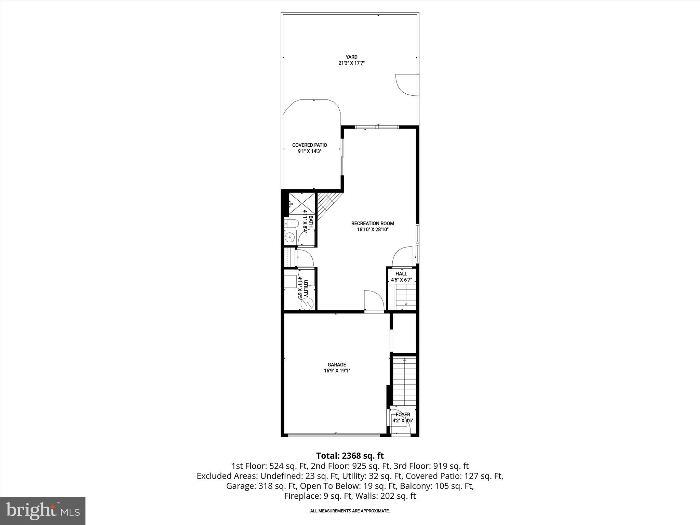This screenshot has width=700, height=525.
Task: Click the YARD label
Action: point(351,57)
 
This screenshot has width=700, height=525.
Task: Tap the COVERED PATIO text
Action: point(309,145)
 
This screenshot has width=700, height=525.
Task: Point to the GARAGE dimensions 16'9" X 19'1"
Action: point(337,371)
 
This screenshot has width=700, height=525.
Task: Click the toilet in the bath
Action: point(292,224)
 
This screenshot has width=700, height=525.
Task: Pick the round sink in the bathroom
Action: point(290,237)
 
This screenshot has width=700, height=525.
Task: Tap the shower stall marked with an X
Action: point(301,204)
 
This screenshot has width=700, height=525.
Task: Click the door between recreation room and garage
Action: point(374,301)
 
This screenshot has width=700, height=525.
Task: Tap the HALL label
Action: point(401,274)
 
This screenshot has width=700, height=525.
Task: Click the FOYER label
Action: point(403,415)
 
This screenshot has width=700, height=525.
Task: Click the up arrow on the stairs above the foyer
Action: point(404,360)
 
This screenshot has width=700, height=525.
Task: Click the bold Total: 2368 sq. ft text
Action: point(350,456)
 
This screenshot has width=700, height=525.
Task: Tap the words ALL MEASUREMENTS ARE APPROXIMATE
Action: point(350,511)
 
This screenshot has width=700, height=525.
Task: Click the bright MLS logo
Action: point(43,511)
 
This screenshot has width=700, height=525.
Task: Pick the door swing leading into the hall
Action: point(402,256)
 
